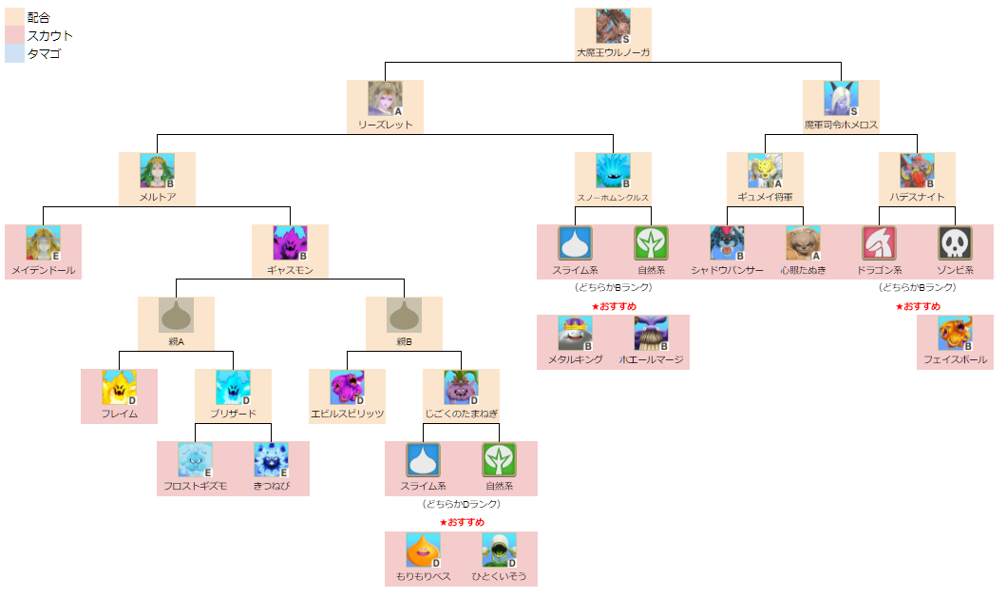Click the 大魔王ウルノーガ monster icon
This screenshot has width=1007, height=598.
(613, 26)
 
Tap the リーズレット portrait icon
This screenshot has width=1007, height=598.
(385, 98)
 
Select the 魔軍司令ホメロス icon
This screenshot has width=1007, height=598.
(841, 98)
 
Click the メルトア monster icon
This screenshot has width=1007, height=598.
(157, 170)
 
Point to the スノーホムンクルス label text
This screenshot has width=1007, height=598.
(613, 198)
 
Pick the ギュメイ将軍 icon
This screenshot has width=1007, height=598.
(765, 170)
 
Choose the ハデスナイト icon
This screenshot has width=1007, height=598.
(917, 170)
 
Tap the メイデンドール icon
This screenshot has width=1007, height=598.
(43, 242)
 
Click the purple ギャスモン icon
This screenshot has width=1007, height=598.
(290, 242)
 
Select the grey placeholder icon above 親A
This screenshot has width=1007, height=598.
(176, 315)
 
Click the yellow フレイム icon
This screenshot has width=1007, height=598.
(119, 387)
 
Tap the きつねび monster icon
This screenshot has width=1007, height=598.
(271, 459)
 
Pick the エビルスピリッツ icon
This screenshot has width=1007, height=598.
(347, 387)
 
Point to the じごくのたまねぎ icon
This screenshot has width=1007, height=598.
(461, 387)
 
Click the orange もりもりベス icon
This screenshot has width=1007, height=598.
(423, 550)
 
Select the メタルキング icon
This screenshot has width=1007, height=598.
(575, 333)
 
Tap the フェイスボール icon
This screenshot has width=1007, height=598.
(955, 333)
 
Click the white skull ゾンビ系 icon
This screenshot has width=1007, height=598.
(955, 242)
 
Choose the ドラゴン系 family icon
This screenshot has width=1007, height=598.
(879, 242)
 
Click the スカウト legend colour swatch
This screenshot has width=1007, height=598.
(14, 35)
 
